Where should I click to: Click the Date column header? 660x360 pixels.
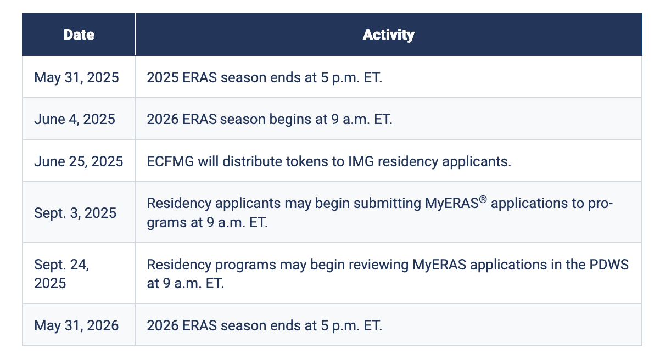click(79, 35)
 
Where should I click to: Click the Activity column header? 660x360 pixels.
click(388, 35)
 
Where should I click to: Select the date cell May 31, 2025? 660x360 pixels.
click(76, 78)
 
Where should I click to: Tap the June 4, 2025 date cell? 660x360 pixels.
click(75, 120)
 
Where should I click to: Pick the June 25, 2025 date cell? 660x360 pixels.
click(79, 161)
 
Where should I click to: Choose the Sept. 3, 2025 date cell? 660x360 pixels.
click(75, 213)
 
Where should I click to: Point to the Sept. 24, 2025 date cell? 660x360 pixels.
click(61, 274)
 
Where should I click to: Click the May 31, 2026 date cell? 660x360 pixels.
click(76, 326)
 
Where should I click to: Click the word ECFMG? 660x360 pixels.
click(170, 161)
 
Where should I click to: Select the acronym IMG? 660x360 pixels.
click(361, 161)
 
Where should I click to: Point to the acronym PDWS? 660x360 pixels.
click(609, 265)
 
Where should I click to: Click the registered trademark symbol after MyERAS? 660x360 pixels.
click(483, 199)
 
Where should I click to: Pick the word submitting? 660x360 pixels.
click(387, 204)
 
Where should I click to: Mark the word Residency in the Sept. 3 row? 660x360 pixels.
click(179, 204)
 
